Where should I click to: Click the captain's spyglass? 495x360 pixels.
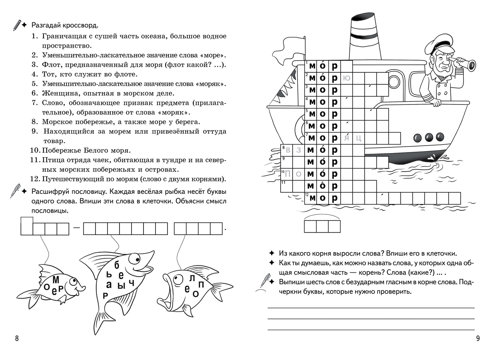pyautogui.click(x=464, y=63)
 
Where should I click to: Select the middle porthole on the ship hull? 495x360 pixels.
pyautogui.click(x=429, y=138)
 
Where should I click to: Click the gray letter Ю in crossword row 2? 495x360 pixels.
pyautogui.click(x=347, y=78)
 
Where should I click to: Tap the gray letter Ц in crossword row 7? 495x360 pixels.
pyautogui.click(x=359, y=138)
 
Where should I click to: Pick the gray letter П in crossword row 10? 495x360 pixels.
pyautogui.click(x=287, y=174)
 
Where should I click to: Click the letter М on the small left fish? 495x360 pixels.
pyautogui.click(x=56, y=280)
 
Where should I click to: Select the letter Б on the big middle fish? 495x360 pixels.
pyautogui.click(x=117, y=265)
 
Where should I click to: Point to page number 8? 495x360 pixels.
pyautogui.click(x=17, y=338)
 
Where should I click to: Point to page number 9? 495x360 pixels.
pyautogui.click(x=478, y=338)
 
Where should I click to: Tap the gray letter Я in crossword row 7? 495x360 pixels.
pyautogui.click(x=347, y=138)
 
